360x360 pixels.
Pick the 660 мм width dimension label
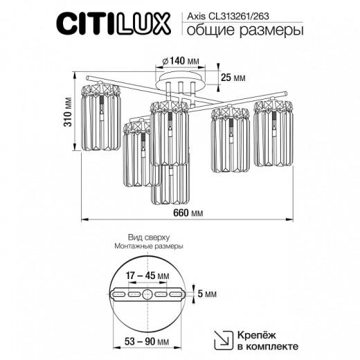pyautogui.click(x=188, y=213)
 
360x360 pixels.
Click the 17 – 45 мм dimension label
pyautogui.click(x=147, y=276)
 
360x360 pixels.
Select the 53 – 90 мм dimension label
pyautogui.click(x=147, y=341)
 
